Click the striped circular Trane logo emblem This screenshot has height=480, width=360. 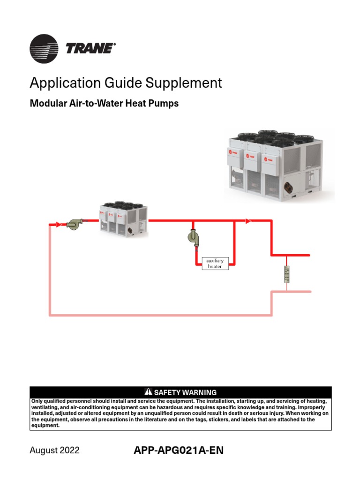click(44, 48)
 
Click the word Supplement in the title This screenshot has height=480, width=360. click(184, 83)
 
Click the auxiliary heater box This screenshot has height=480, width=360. click(215, 263)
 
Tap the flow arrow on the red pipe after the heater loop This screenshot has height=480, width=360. click(248, 220)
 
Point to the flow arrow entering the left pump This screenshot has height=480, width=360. click(58, 225)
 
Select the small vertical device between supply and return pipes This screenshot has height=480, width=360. click(287, 274)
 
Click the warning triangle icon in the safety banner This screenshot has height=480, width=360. click(149, 392)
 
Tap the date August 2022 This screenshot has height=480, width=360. click(54, 450)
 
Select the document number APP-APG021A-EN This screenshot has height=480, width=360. click(179, 450)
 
